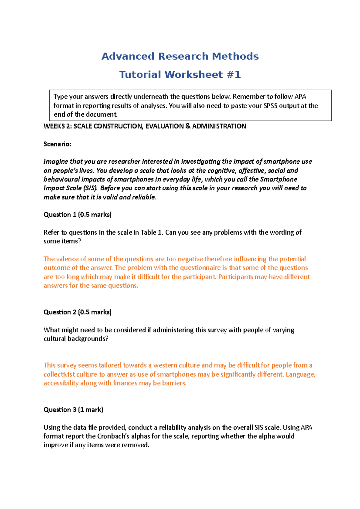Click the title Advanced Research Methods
tap(180, 56)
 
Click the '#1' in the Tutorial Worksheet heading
tap(234, 75)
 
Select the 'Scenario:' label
tap(58, 144)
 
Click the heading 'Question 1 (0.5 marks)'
tap(77, 215)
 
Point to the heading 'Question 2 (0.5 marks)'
tap(77, 312)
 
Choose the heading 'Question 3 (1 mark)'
tap(73, 410)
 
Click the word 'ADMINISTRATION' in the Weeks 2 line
tap(219, 126)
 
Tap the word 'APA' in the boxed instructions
tap(300, 97)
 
